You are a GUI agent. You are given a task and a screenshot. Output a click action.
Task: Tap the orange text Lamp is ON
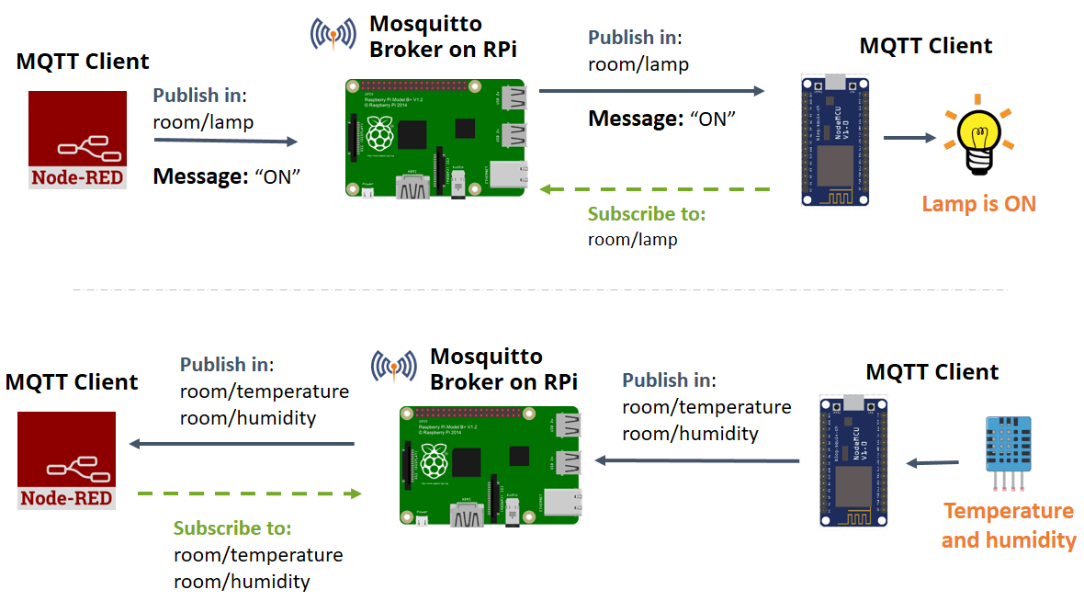[978, 204]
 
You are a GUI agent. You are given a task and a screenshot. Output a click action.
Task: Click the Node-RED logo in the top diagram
[77, 140]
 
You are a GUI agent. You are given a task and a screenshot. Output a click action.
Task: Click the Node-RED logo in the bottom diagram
[67, 460]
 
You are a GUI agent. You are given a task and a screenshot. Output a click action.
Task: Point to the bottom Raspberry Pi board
[490, 466]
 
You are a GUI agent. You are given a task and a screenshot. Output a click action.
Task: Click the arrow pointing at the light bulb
[909, 139]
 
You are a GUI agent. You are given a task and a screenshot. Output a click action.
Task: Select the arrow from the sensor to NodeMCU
[932, 463]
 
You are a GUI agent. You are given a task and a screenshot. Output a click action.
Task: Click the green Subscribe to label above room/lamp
[647, 214]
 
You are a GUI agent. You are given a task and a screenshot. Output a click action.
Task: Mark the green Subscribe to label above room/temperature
[232, 528]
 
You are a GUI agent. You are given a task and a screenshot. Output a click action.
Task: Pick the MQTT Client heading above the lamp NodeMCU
[925, 46]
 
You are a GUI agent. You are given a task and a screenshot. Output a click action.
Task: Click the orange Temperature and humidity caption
[1009, 526]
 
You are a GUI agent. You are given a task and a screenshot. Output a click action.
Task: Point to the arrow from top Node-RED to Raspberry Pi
[226, 141]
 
